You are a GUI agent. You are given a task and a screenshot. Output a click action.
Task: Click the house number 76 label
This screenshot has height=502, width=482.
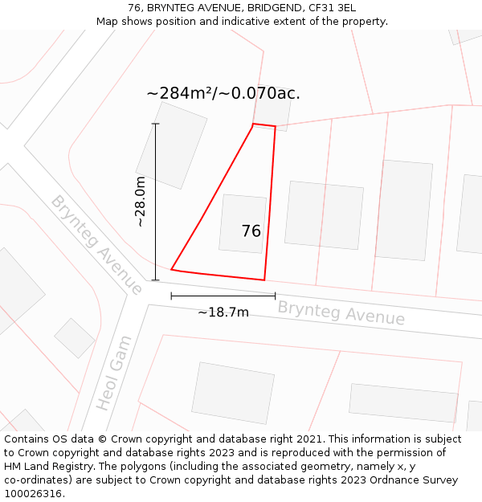click(251, 231)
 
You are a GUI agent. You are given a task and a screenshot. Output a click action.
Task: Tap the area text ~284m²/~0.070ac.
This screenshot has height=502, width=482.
click(223, 93)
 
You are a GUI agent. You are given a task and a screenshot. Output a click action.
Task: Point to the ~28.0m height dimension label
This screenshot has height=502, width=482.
click(140, 202)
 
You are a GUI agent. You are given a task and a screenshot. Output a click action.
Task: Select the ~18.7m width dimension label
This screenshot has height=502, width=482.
click(223, 312)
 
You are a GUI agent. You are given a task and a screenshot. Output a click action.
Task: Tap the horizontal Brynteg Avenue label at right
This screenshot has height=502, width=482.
click(341, 313)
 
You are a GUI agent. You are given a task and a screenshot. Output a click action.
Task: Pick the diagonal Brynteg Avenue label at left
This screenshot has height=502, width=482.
click(96, 243)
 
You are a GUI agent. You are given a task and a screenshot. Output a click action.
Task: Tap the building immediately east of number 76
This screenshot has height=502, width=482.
click(324, 214)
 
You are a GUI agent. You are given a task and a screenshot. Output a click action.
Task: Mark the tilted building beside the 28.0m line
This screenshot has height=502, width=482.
click(171, 145)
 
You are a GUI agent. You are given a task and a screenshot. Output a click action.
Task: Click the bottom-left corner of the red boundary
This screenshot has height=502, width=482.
click(172, 270)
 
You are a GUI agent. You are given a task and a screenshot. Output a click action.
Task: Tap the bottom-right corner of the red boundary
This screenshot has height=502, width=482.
click(264, 280)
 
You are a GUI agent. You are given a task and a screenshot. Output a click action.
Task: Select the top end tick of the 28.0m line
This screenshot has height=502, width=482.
click(155, 124)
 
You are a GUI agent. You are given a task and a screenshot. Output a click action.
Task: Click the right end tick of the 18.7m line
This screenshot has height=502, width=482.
click(275, 296)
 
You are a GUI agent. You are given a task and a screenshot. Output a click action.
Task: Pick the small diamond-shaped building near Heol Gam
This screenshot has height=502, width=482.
click(75, 338)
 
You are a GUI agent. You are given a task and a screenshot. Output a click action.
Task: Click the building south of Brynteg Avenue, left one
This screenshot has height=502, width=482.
click(233, 393)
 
